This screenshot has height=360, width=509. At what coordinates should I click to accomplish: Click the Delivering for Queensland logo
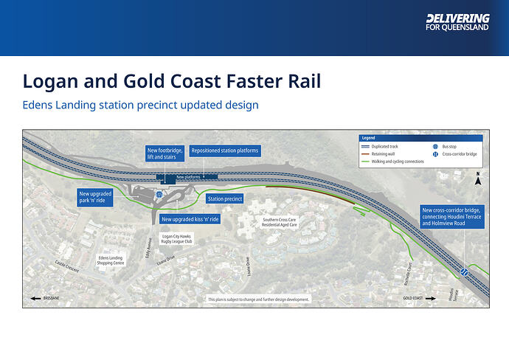(x=457, y=22)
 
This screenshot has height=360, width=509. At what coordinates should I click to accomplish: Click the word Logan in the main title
(x=53, y=81)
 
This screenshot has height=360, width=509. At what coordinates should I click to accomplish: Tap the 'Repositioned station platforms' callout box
(x=225, y=150)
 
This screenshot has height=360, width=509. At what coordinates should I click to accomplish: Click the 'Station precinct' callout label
(x=225, y=198)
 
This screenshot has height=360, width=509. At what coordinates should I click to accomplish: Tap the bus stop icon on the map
(x=158, y=195)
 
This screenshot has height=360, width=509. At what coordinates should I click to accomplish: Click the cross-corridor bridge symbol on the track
(x=465, y=271)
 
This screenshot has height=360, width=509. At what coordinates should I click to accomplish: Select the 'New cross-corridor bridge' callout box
(x=451, y=216)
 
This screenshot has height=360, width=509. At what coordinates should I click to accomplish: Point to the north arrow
(x=478, y=178)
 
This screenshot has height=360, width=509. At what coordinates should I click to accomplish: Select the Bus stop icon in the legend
(x=436, y=148)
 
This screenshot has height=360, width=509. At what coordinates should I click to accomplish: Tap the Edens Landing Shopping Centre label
(x=110, y=260)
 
